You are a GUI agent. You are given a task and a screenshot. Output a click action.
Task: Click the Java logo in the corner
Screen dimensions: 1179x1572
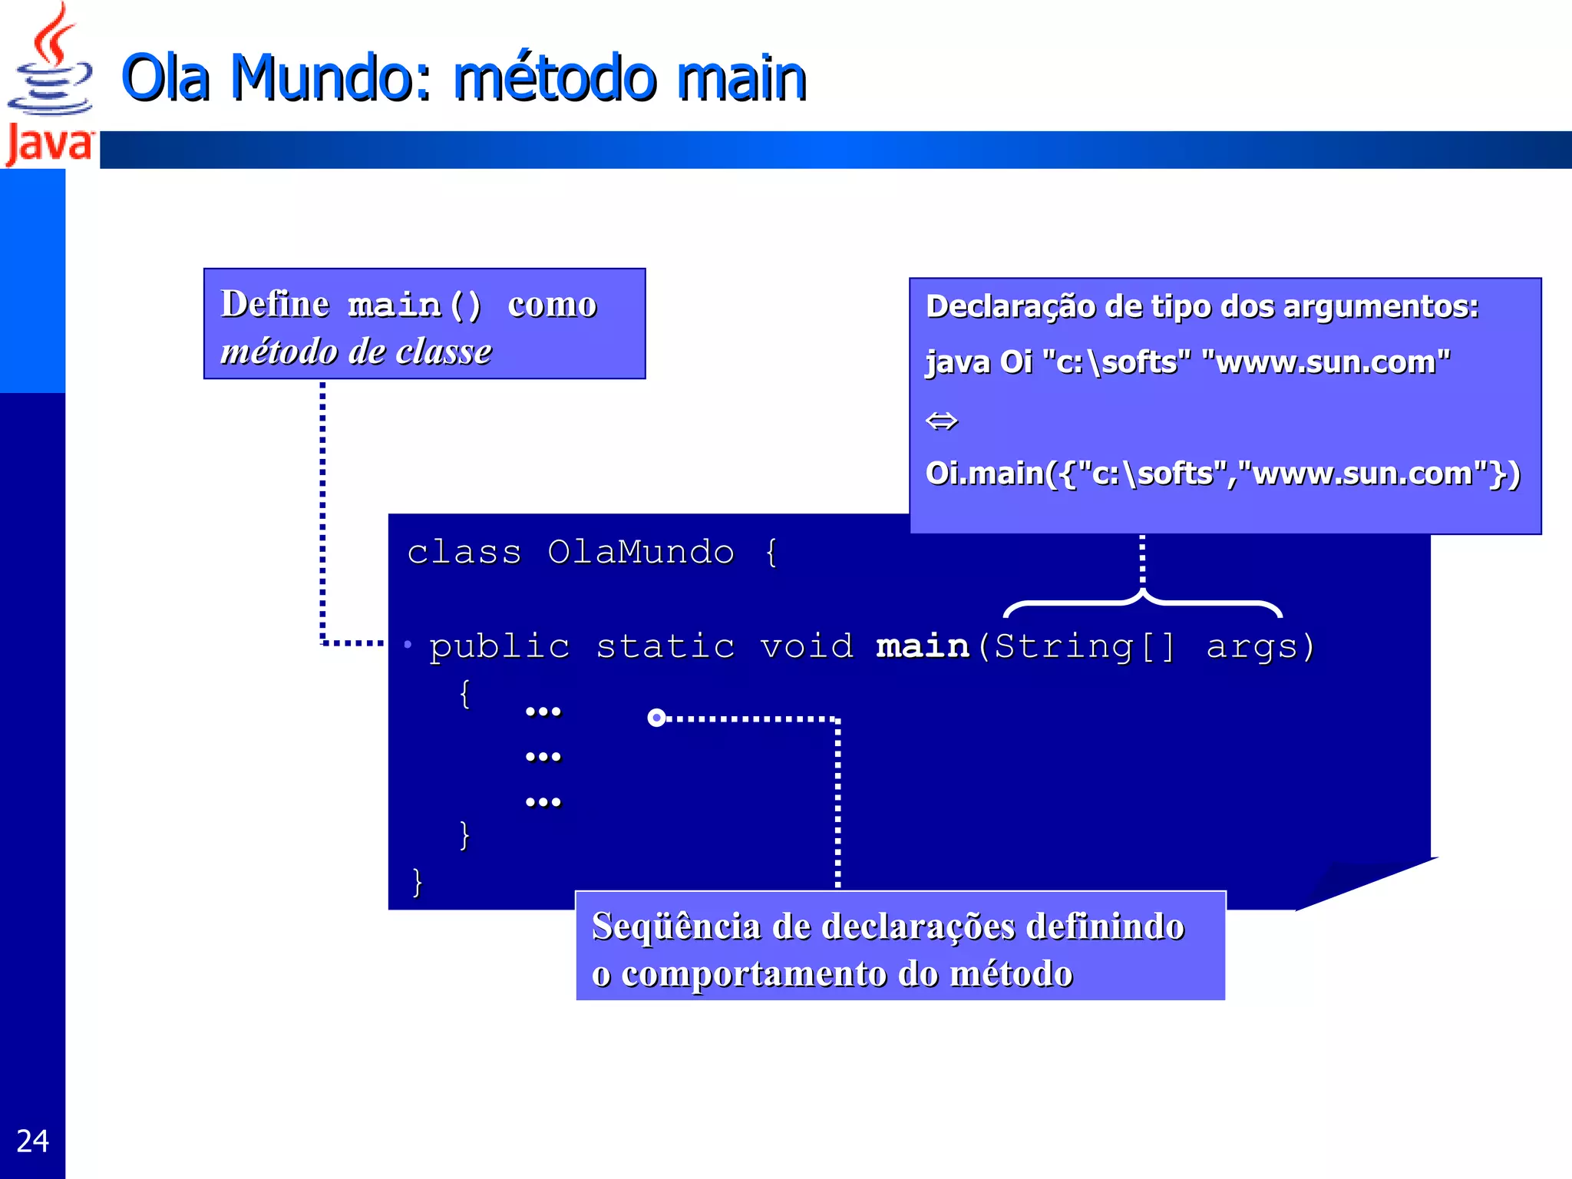49,84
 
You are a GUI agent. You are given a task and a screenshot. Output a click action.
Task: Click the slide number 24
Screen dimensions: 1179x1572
32,1141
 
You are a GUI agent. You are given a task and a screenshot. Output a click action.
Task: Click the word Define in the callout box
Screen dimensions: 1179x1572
275,304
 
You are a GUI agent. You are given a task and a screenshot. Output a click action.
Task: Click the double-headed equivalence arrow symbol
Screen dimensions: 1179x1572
942,421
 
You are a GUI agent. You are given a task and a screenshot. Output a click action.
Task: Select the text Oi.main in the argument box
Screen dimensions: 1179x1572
984,474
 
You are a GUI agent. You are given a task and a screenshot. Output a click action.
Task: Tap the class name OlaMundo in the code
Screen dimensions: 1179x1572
640,553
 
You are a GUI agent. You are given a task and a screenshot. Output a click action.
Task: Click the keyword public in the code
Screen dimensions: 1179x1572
500,646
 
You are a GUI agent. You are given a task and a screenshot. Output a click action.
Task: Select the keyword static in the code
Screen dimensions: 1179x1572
665,646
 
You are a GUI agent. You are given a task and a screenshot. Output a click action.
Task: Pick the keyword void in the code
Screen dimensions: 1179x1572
807,646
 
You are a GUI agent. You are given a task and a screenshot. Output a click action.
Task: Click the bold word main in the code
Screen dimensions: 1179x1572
923,646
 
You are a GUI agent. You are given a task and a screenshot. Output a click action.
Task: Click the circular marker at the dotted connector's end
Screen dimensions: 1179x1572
656,718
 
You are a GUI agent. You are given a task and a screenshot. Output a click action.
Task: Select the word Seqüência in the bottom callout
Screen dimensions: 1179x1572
675,926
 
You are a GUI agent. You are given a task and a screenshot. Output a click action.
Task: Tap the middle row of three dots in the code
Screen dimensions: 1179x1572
543,758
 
